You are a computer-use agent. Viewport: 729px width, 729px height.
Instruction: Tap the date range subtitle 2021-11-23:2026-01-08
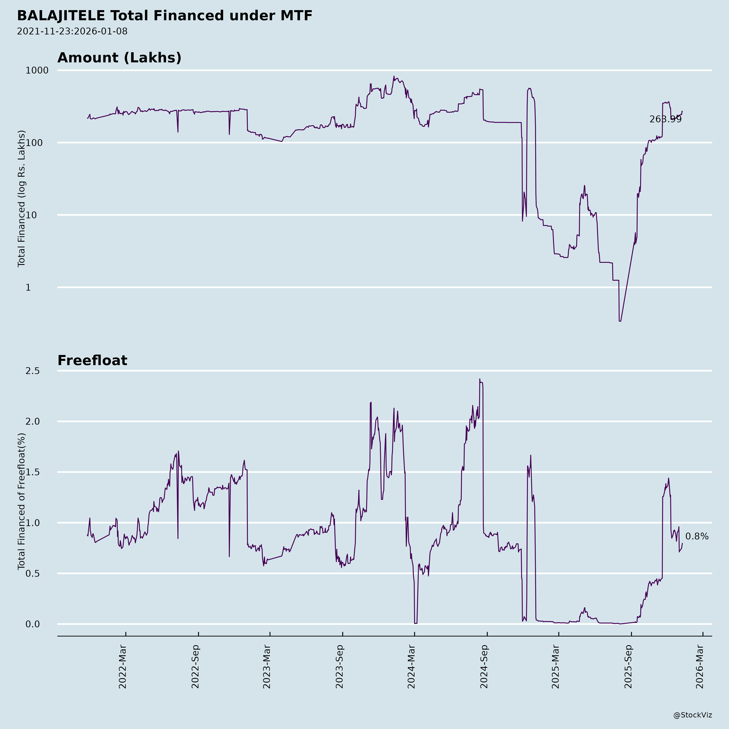tap(72, 31)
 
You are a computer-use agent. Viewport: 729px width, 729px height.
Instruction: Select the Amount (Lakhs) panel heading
tap(119, 58)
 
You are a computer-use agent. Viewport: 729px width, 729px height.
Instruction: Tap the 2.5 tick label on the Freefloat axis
tap(32, 371)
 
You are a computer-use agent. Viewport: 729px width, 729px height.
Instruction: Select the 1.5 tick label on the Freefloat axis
tap(32, 472)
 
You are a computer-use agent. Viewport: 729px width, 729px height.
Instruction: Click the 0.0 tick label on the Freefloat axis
tap(32, 624)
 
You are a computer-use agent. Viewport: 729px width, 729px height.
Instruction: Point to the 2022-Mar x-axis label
tap(123, 667)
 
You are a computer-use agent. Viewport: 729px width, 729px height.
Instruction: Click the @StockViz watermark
tap(693, 715)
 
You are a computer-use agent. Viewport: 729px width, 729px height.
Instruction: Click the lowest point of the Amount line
tap(620, 321)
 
